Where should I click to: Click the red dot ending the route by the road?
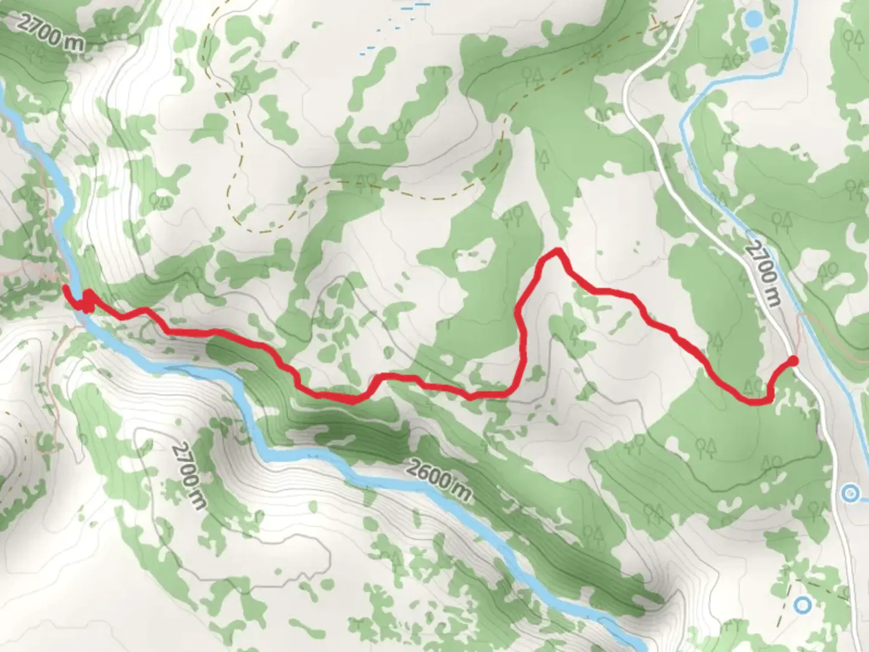(x=793, y=361)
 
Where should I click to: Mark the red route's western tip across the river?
(x=65, y=288)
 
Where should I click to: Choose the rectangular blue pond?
(x=760, y=43)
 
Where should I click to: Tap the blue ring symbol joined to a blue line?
(x=851, y=494)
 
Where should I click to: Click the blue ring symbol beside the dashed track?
(x=802, y=604)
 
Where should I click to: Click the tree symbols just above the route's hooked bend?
(x=754, y=385)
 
